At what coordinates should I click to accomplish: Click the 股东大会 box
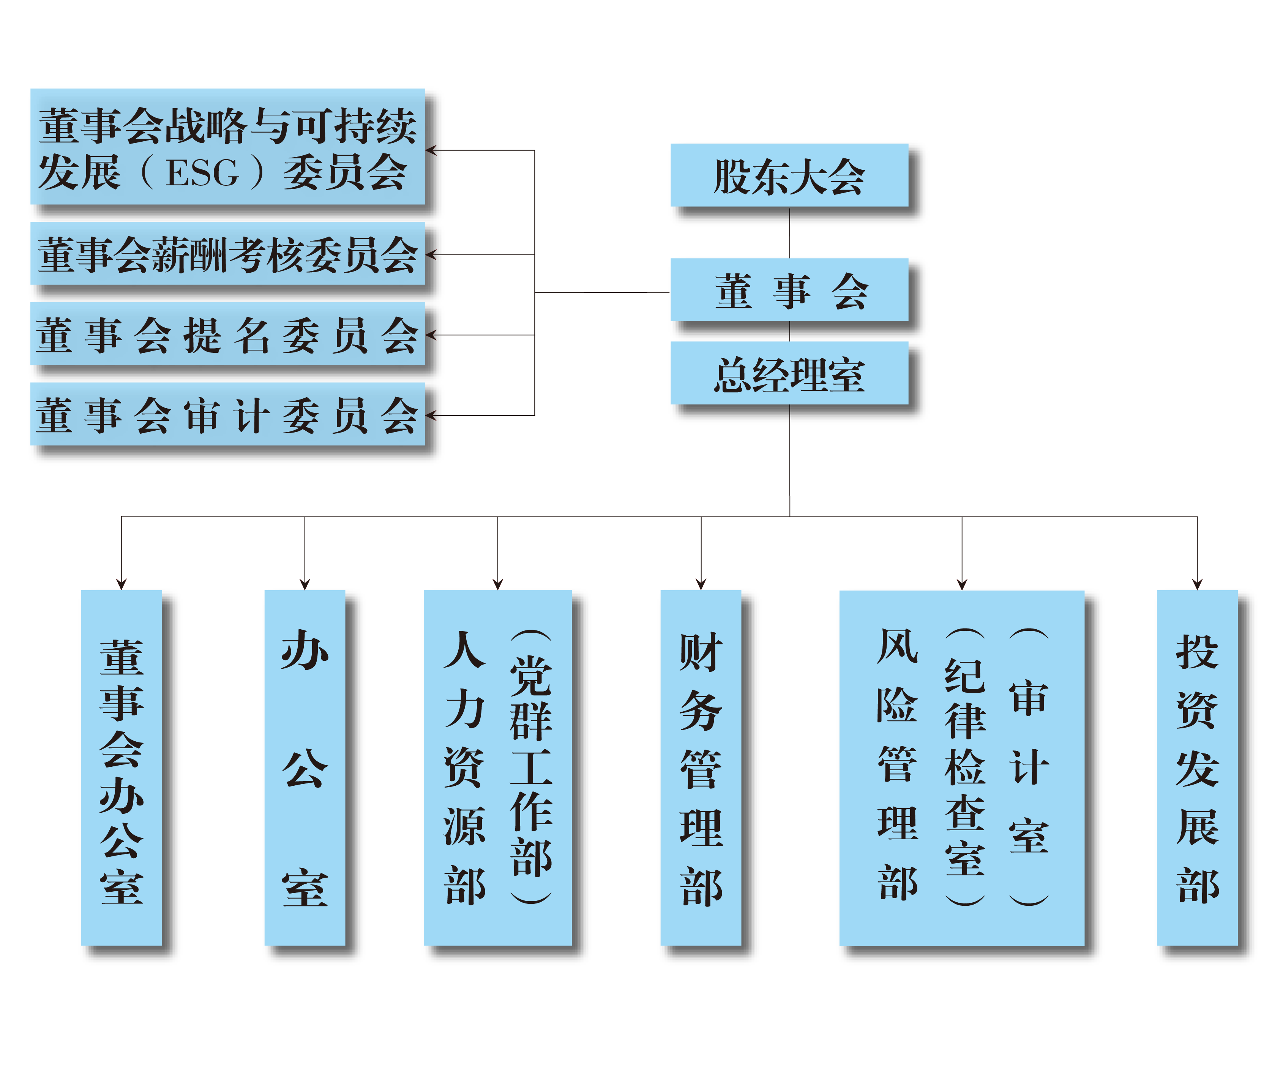789,175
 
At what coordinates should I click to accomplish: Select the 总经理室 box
789,373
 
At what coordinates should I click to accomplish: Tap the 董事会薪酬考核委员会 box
228,254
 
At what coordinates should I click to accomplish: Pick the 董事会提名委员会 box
228,334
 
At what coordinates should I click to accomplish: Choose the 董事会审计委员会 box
228,414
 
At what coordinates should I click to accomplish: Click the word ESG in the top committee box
202,173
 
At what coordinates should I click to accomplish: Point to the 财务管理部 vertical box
701,768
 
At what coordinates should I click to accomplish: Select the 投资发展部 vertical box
1198,768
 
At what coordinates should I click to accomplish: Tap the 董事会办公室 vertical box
122,768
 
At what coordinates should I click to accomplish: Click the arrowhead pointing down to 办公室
305,584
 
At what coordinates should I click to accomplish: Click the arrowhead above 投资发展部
1198,584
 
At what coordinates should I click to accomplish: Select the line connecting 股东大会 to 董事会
789,233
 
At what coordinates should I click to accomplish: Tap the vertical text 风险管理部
898,765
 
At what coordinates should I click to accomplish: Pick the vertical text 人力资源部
465,768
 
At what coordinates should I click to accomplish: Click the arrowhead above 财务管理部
701,584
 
